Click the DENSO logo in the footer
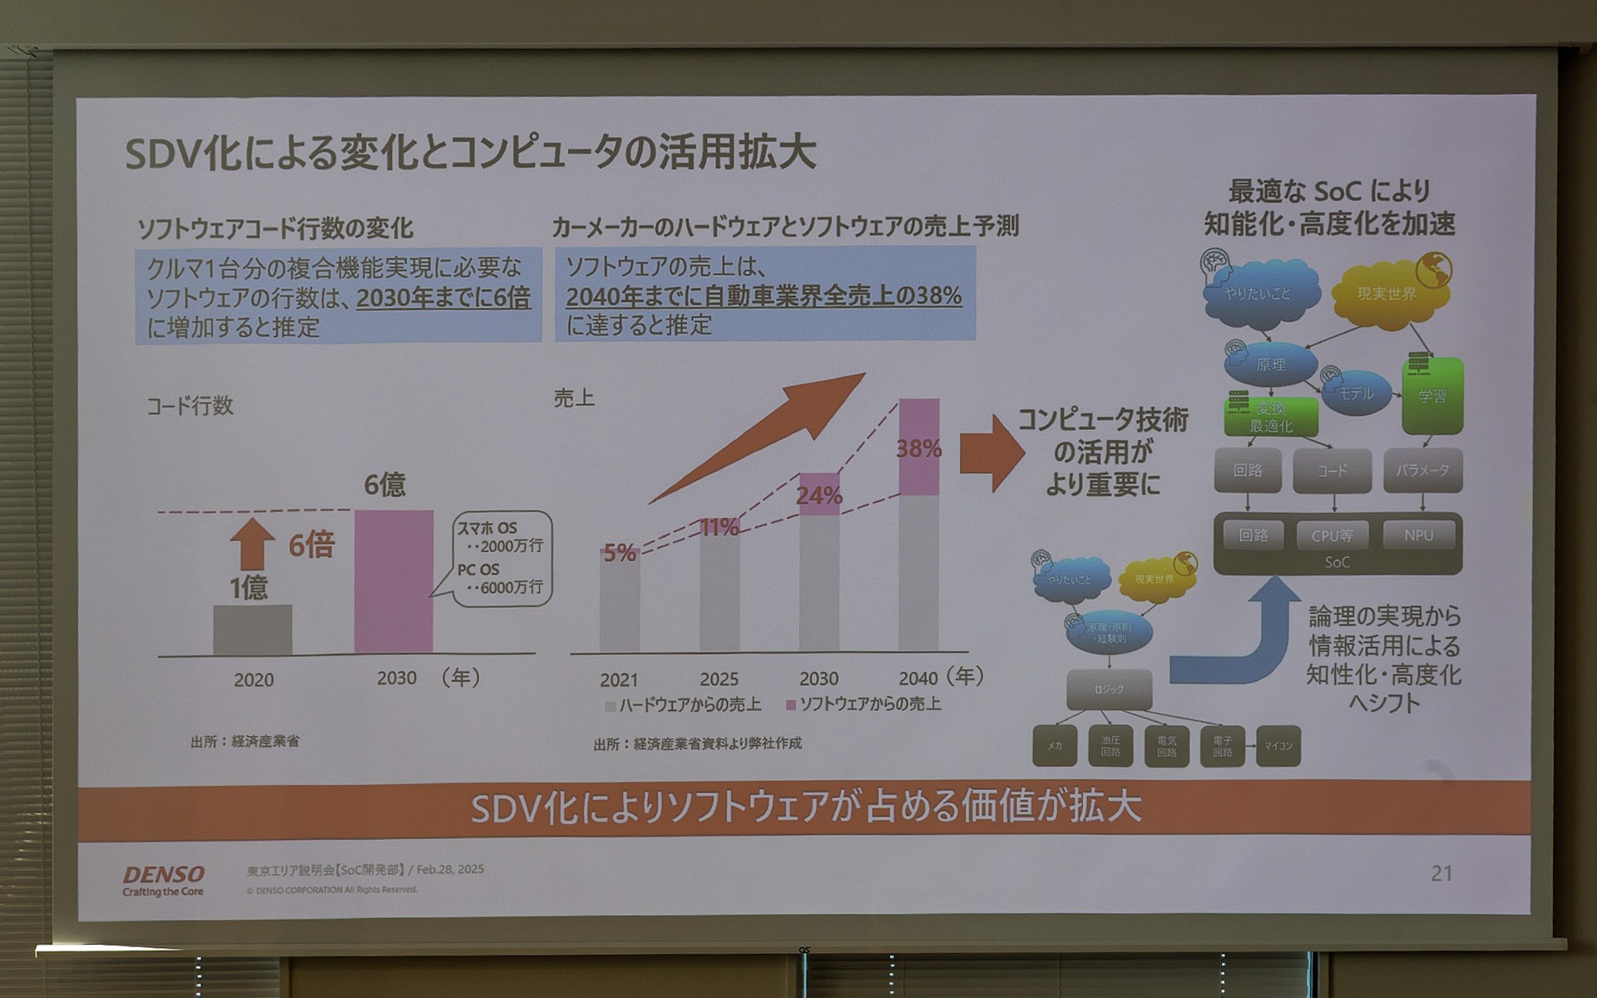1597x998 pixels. point(163,875)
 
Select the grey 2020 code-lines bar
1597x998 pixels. point(252,630)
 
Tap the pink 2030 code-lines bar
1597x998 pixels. point(393,581)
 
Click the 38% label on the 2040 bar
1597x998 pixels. point(918,449)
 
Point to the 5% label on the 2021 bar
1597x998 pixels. point(620,552)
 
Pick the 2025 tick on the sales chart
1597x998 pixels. point(719,679)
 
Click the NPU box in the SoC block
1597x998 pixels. point(1418,536)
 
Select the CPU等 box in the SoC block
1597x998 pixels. point(1332,536)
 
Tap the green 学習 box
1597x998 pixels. point(1431,396)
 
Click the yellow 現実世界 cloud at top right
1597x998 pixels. point(1386,294)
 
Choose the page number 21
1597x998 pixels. point(1441,873)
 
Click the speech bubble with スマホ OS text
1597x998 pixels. point(502,558)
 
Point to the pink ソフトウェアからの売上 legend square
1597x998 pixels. point(791,705)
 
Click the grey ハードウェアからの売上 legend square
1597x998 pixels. point(611,706)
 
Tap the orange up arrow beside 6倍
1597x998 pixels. point(252,544)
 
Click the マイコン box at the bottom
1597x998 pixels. point(1278,746)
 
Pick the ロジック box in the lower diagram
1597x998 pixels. point(1109,689)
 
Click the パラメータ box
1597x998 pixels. point(1422,471)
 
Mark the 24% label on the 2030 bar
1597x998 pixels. point(819,497)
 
